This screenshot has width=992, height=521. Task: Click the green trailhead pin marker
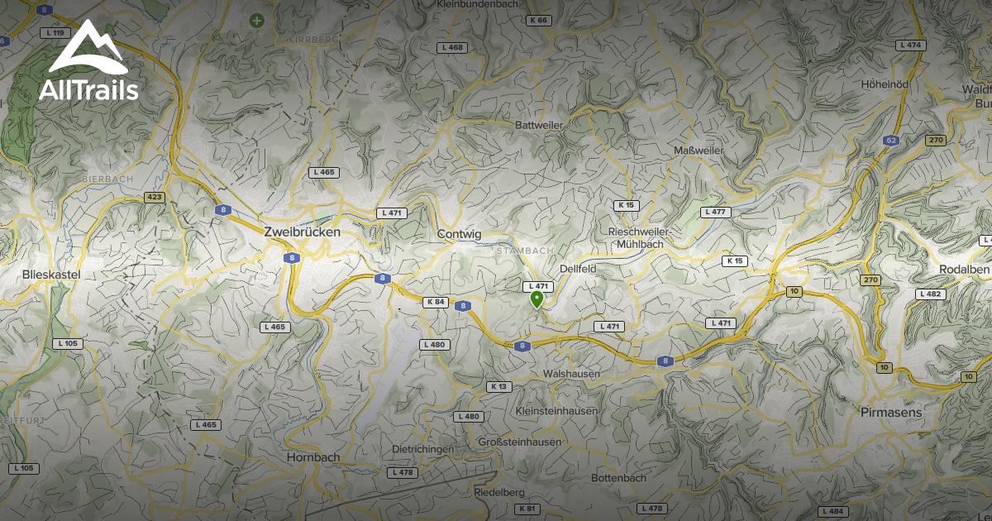point(537,299)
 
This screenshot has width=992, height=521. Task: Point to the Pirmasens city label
point(891,411)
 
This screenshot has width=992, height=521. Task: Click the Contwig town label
point(459,235)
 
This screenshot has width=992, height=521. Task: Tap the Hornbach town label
point(313,456)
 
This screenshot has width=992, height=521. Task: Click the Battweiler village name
point(538,125)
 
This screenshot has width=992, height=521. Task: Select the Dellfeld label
point(578,269)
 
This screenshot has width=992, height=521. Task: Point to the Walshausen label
point(571,374)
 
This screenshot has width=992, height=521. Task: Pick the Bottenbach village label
point(618,478)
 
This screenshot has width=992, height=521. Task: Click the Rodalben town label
point(964,270)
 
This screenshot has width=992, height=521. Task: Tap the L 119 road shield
point(56,33)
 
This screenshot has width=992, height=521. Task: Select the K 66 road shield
point(538,20)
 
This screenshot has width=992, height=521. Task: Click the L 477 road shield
point(716,212)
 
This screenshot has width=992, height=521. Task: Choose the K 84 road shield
point(436,302)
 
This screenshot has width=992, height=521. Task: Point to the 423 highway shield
point(154,197)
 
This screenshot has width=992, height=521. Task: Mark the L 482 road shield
point(930,294)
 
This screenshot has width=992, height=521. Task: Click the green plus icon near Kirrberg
point(257,20)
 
